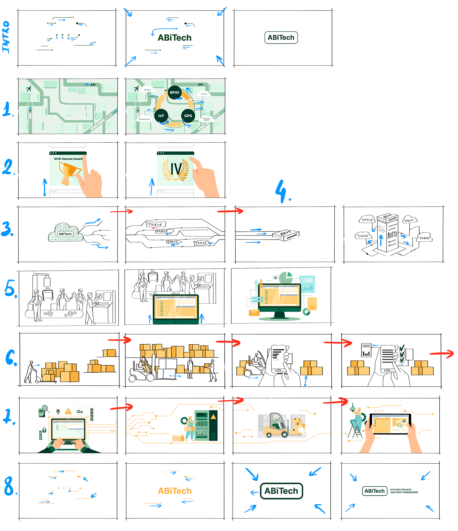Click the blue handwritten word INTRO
click(6, 37)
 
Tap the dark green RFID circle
click(175, 93)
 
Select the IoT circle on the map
click(161, 116)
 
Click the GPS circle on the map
click(188, 116)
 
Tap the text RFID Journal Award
click(68, 159)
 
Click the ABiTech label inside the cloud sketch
click(65, 234)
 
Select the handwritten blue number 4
click(281, 192)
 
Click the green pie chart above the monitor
click(286, 277)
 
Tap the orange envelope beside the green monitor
click(254, 313)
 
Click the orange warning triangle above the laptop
click(68, 411)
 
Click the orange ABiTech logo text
click(175, 491)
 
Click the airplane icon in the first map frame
click(29, 89)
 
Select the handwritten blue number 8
click(9, 486)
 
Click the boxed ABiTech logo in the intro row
click(281, 38)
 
